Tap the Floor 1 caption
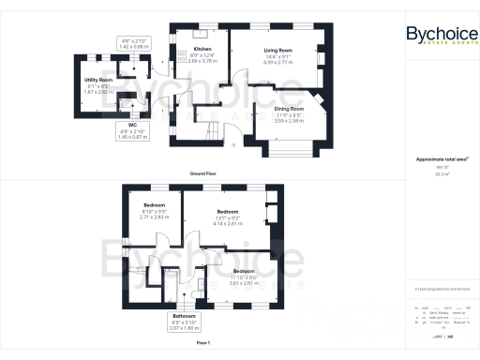[x=204, y=343]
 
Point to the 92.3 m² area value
[x=442, y=174]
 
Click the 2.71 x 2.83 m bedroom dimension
[x=154, y=216]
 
